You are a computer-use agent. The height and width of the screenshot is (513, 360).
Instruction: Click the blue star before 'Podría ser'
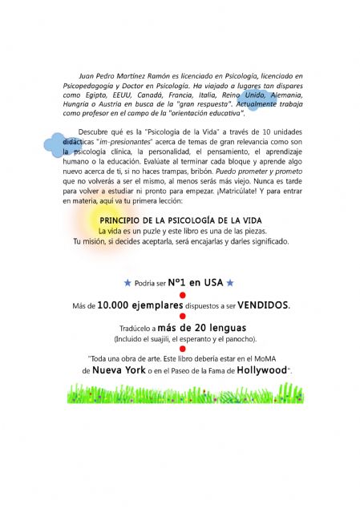tap(127, 282)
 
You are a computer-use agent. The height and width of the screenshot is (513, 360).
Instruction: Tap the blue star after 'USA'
tap(230, 282)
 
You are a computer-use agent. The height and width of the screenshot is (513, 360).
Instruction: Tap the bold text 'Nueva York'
tap(118, 371)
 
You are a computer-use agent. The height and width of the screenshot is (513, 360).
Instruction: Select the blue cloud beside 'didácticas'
tap(56, 144)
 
